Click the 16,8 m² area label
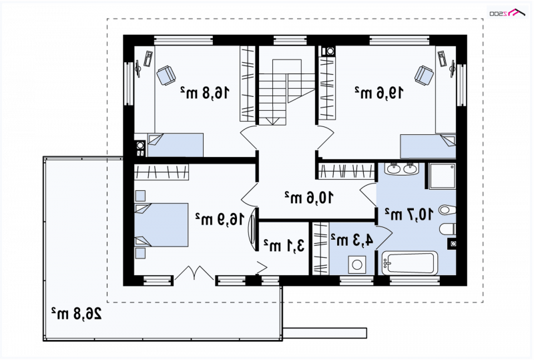(x=205, y=92)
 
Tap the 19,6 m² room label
(x=379, y=92)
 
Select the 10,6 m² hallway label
(x=309, y=198)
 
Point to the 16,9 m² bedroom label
(x=220, y=219)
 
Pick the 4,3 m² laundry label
(x=352, y=240)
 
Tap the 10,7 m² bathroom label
(x=409, y=214)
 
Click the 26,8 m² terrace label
(x=76, y=313)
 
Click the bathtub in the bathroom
(x=409, y=263)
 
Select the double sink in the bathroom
(x=402, y=169)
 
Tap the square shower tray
(x=442, y=176)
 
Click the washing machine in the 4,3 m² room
(x=357, y=265)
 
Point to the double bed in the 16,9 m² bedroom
(x=162, y=225)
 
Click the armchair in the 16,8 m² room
(x=166, y=75)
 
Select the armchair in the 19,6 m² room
(x=424, y=75)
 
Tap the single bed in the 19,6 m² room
(x=428, y=146)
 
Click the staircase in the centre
(x=286, y=92)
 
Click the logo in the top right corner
(x=507, y=13)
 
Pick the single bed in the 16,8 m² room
(x=176, y=145)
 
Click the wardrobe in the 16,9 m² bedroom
(x=162, y=172)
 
